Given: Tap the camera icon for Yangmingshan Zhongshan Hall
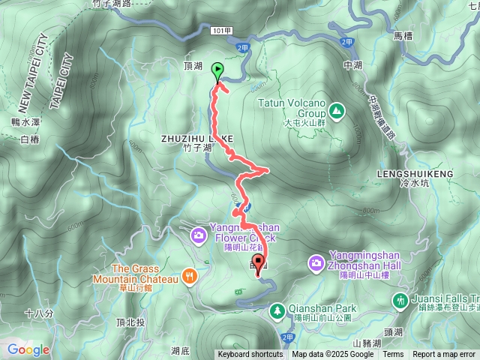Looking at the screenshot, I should click(316, 262).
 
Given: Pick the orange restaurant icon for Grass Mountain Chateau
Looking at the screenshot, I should click(189, 275).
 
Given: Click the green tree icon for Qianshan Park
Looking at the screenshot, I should click(277, 308).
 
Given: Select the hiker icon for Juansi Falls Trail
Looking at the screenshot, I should click(400, 300).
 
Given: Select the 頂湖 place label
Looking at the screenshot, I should click(193, 66).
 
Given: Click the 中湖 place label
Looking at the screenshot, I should click(352, 65).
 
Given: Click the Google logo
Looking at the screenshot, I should click(28, 349).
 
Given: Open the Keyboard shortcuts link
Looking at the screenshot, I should click(250, 355).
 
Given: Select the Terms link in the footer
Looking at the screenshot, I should click(393, 355).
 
